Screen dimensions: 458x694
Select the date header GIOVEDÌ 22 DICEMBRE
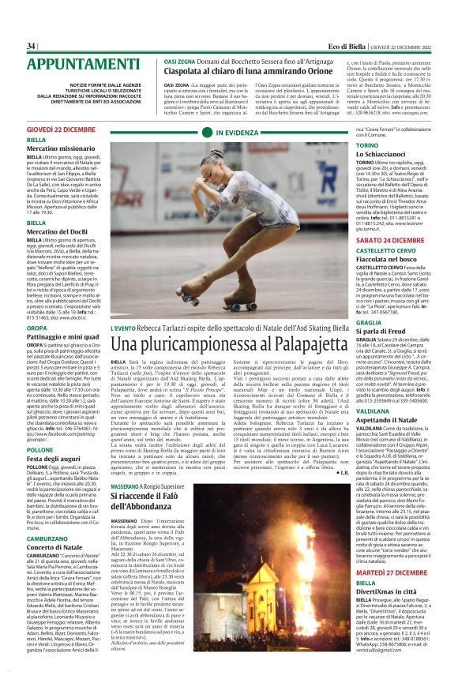[62, 128]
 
